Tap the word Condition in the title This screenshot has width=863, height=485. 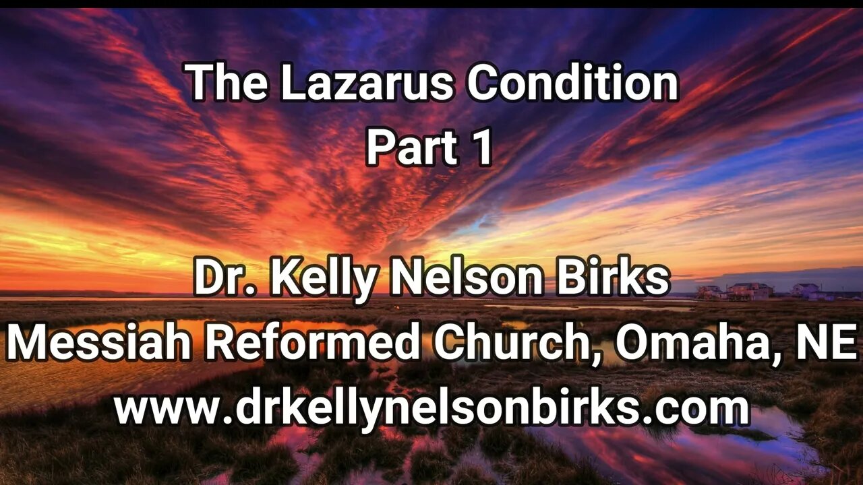[572, 84]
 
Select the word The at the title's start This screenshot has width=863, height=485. [227, 84]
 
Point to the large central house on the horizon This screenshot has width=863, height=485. [750, 290]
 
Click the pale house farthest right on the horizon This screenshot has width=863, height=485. [806, 290]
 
